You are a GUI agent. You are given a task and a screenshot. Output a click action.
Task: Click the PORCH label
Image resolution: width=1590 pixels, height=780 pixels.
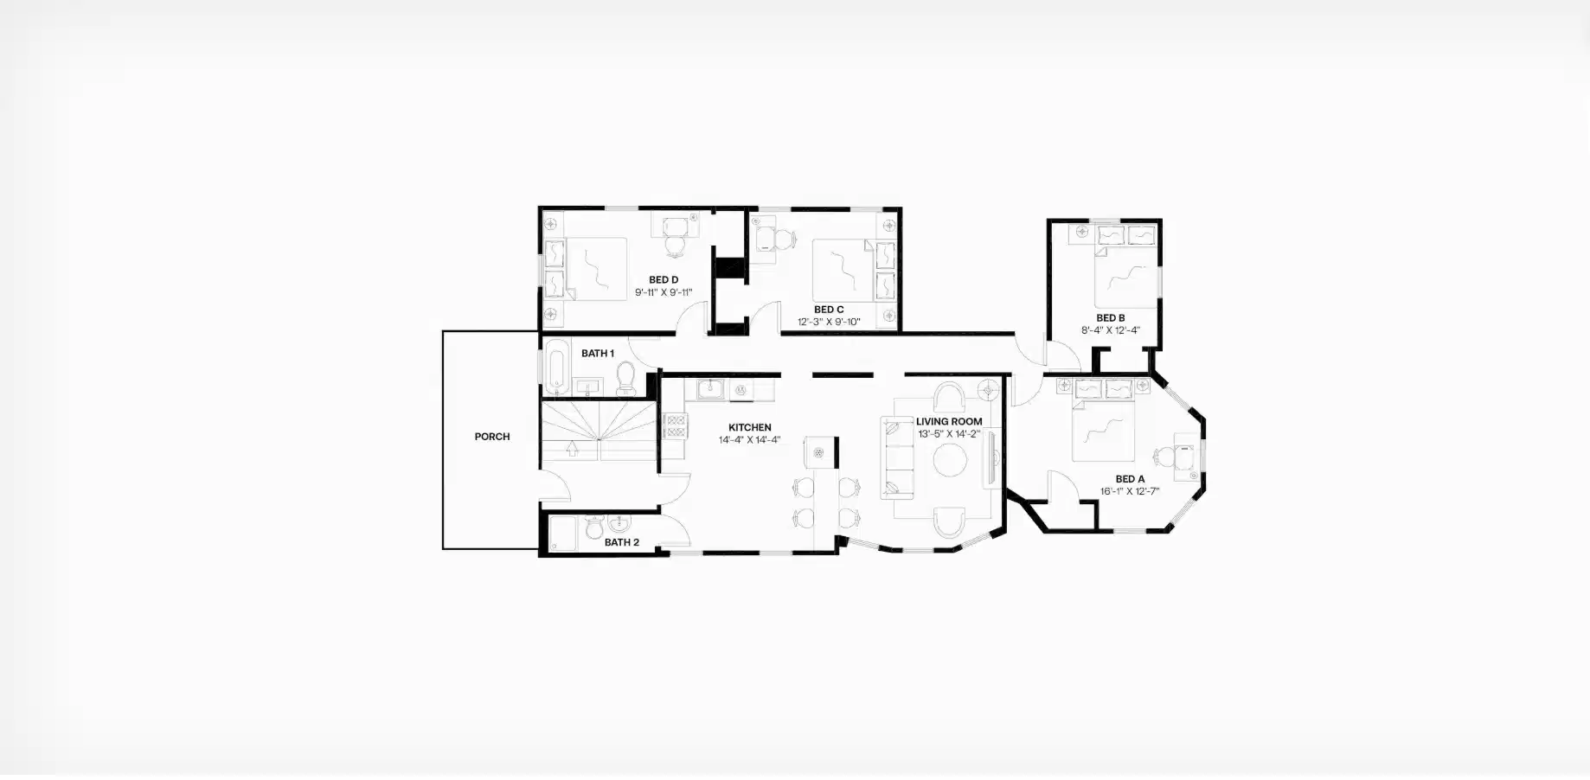pos(491,437)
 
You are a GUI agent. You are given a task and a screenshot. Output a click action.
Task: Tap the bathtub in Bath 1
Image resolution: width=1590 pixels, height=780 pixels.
pos(556,367)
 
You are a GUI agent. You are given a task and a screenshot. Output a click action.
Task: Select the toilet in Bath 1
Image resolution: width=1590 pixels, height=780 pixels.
pos(625,376)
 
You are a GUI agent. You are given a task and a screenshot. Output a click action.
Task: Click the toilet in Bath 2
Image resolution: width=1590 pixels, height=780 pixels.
pos(594,526)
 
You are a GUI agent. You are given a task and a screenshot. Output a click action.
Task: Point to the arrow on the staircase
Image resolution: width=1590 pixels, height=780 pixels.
pos(572,448)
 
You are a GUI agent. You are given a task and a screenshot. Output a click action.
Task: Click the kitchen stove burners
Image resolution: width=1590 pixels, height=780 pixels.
pos(674,425)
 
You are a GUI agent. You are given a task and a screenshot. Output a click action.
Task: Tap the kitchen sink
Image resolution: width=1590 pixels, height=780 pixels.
pos(711,389)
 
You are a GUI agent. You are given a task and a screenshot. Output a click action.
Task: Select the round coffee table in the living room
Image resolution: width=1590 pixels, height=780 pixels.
pos(950,459)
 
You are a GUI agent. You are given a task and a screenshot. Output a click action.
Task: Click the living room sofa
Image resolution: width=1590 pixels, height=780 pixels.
pos(898,458)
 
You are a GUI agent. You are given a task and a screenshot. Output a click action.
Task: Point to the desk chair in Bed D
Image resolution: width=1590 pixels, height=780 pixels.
pos(675,246)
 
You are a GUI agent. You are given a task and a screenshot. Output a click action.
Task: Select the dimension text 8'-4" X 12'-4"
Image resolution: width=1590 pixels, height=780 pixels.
pos(1110,330)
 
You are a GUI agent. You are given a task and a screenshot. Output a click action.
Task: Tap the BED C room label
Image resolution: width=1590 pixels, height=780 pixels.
pos(828,310)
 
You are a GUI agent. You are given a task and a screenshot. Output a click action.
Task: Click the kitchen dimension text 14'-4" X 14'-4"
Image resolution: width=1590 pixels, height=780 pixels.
pos(749,439)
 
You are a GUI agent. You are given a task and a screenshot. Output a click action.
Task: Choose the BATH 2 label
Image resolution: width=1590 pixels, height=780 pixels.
pos(621,542)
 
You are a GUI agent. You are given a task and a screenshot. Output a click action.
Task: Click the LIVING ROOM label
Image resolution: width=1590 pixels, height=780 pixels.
pos(949,422)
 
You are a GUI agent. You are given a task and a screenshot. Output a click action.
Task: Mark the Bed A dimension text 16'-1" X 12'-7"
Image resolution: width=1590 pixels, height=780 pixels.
pos(1129,491)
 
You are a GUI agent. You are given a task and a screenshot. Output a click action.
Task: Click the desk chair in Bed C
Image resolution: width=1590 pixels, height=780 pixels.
pos(783,239)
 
